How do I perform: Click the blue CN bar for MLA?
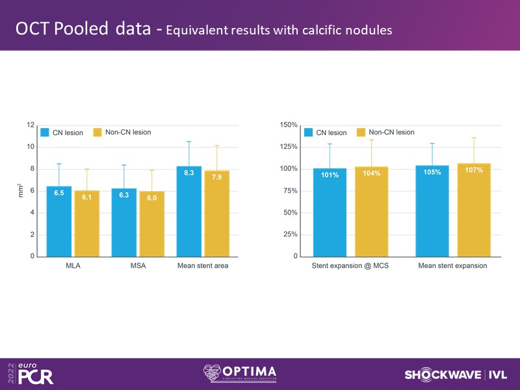[x=59, y=221]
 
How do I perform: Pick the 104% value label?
[x=371, y=174]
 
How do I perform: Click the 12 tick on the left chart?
[x=30, y=125]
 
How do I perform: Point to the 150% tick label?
[x=289, y=125]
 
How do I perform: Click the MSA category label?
[x=138, y=265]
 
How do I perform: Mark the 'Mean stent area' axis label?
[x=202, y=265]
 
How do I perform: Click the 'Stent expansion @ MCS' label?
[x=350, y=265]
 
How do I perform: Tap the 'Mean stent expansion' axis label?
[x=453, y=265]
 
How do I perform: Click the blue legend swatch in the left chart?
[x=45, y=132]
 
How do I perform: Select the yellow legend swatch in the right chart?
[x=361, y=132]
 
